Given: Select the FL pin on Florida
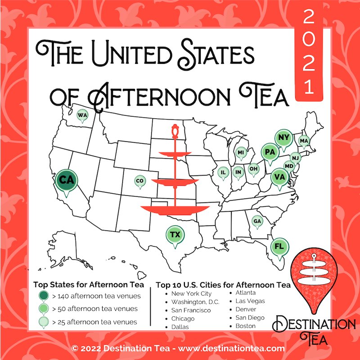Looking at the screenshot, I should (279, 247).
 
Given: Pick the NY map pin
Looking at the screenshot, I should (283, 138).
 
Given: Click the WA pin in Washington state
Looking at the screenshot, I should (82, 116).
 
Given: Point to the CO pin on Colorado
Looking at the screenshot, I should (139, 181).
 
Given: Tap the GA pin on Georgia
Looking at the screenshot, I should (257, 221).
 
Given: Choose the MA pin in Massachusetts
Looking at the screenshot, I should (304, 141).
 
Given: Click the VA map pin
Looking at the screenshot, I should (279, 177).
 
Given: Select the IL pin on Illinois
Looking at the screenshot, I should (223, 172).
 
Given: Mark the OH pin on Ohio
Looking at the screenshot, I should (253, 169).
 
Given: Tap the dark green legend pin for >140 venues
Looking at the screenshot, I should (44, 296).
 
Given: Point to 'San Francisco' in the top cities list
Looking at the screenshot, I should (191, 310).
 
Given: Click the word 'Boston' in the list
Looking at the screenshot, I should (245, 325).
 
